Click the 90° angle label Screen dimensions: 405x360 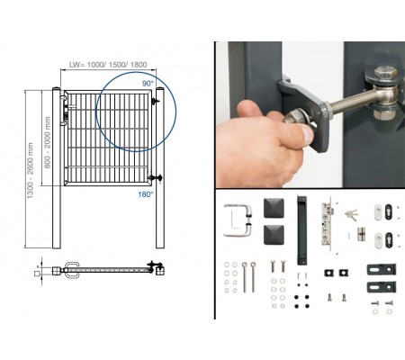tap(148, 84)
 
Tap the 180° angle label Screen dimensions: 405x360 tap(146, 194)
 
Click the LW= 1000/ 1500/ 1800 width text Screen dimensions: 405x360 tap(108, 65)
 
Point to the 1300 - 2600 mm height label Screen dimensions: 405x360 tap(30, 170)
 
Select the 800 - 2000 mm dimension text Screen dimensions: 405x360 tap(48, 142)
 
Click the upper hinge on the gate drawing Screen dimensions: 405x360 tap(156, 101)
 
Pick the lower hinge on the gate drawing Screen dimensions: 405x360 tap(156, 178)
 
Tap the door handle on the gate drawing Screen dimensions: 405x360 tap(64, 111)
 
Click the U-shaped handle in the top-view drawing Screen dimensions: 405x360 tap(72, 270)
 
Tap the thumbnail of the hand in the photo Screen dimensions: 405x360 tap(307, 135)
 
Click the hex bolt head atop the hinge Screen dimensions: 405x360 tap(385, 72)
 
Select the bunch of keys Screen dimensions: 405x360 tap(351, 214)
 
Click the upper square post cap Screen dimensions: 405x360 tap(274, 208)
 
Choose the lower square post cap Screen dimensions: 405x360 tap(274, 235)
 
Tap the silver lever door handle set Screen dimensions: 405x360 tap(238, 220)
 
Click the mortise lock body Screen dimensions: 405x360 tap(327, 223)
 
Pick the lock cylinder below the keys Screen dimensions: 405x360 tap(361, 234)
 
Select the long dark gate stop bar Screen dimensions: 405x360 tap(301, 230)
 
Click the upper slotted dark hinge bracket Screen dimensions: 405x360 tap(382, 269)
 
